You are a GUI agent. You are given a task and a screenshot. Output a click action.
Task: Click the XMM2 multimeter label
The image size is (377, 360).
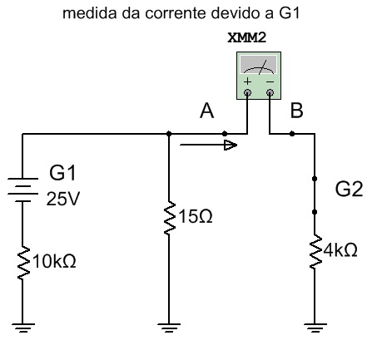246,37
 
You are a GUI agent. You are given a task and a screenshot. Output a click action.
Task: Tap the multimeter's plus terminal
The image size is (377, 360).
247,92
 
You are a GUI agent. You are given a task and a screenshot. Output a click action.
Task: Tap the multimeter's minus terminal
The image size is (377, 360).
270,92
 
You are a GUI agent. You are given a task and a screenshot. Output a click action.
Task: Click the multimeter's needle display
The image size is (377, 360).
259,66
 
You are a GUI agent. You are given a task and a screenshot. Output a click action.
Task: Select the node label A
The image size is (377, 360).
207,111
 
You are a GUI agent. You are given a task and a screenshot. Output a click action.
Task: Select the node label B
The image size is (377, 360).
296,111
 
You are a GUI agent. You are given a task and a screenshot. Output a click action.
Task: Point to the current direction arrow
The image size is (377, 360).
208,145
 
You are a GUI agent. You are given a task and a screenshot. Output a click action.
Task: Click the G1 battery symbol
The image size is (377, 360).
22,190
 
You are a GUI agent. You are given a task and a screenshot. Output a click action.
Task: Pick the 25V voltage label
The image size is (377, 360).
63,199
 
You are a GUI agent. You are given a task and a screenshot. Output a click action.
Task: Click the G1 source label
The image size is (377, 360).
62,173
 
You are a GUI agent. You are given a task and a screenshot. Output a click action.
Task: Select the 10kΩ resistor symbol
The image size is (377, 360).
23,263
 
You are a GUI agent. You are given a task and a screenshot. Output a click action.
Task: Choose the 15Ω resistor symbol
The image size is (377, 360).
169,219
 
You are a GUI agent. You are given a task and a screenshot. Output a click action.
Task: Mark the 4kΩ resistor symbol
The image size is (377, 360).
315,251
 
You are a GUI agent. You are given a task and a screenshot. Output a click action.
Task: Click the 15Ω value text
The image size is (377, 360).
196,216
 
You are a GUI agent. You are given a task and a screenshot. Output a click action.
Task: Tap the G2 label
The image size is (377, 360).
349,190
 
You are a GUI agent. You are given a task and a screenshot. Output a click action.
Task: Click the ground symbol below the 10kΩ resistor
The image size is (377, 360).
23,328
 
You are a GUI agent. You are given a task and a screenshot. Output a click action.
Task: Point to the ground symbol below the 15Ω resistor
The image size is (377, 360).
169,328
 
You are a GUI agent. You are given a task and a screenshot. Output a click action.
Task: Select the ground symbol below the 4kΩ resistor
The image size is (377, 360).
315,328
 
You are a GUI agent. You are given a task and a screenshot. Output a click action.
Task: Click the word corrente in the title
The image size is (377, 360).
176,13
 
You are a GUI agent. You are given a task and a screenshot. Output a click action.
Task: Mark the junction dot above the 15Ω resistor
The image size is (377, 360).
169,134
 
